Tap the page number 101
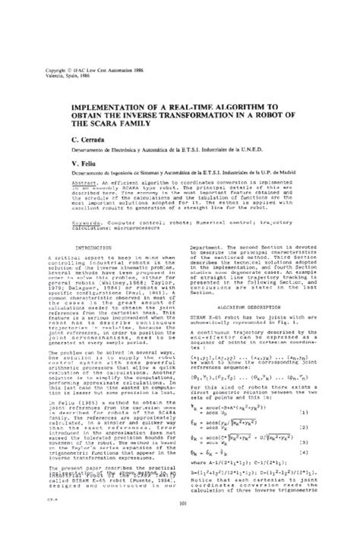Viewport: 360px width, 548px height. (180, 525)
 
